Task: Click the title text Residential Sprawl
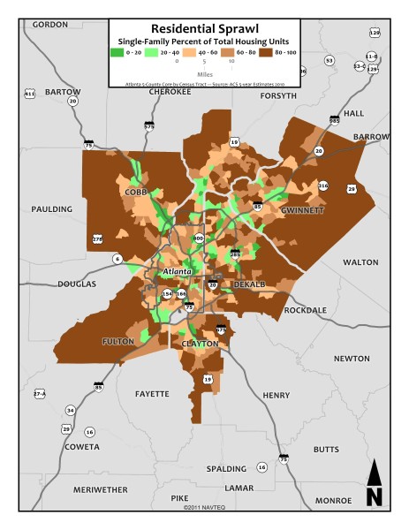[x=203, y=28]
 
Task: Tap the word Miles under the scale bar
[x=203, y=74]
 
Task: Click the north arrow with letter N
[x=374, y=485]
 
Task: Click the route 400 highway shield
[x=198, y=238]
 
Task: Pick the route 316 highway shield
[x=323, y=185]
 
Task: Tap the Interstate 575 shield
[x=149, y=126]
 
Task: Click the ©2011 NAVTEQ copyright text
[x=204, y=508]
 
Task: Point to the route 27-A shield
[x=39, y=393]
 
